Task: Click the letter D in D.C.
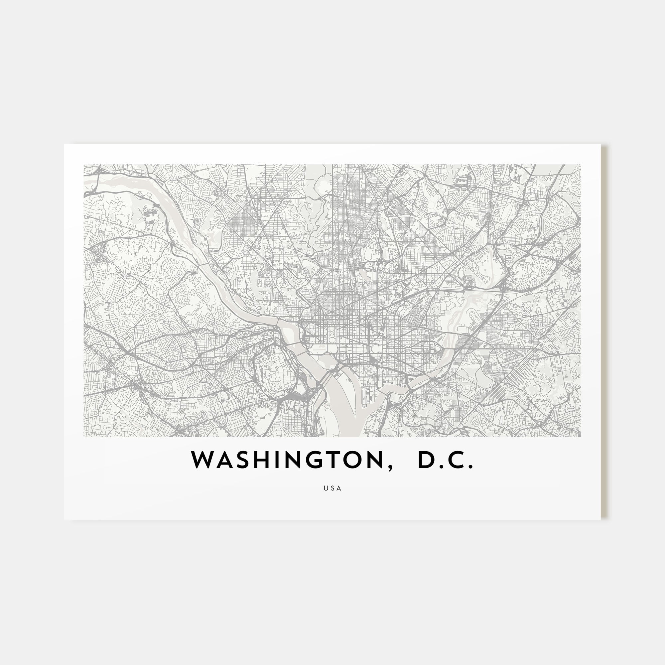427,460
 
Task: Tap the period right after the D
441,467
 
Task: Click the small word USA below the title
332,488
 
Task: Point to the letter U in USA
325,488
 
